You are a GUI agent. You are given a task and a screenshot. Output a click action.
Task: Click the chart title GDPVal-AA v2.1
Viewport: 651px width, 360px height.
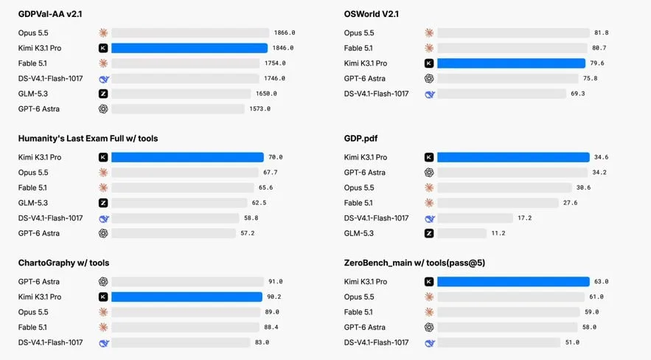[x=50, y=14]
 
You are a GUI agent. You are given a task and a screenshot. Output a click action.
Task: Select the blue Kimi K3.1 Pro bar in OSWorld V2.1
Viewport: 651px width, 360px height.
[x=511, y=63]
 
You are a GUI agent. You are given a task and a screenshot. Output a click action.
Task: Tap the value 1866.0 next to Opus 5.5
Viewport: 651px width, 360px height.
[x=285, y=32]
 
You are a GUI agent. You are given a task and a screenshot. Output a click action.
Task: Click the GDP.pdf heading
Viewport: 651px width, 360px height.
[x=361, y=138]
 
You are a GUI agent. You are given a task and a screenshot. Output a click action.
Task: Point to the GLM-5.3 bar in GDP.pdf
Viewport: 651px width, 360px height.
[x=462, y=233]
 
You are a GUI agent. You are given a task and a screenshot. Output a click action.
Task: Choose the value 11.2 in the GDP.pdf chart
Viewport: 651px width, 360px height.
[x=498, y=233]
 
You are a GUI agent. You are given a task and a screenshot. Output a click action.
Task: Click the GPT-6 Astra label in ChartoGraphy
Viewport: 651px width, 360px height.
[x=38, y=282]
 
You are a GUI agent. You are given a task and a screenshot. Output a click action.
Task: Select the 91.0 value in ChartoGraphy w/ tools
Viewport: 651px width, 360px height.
[x=275, y=282]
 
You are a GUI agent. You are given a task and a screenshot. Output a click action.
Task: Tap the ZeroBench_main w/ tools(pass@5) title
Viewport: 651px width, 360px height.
[x=414, y=263]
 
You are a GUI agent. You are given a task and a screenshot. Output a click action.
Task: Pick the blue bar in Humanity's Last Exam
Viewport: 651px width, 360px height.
[x=187, y=157]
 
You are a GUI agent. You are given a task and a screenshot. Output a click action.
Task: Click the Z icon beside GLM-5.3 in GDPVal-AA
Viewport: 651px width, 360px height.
[x=103, y=94]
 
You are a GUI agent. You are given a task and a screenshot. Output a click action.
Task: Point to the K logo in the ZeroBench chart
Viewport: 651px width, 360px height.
[x=429, y=282]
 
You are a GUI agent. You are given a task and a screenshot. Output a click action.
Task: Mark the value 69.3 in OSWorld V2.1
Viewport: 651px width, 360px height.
[x=577, y=94]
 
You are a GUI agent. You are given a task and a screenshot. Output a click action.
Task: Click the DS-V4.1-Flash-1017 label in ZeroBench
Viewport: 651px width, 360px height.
[x=376, y=342]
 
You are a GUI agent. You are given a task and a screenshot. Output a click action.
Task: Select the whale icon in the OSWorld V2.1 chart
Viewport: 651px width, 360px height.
[x=430, y=94]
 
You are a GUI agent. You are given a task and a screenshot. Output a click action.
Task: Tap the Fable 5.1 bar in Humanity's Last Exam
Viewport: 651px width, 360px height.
[x=183, y=187]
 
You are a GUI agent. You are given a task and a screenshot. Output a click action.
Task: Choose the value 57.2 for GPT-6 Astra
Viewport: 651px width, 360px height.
[x=248, y=233]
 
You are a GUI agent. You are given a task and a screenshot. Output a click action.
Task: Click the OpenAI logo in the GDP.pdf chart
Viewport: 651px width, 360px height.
[x=429, y=173]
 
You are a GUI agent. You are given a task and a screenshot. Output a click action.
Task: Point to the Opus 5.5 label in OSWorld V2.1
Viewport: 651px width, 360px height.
[x=359, y=32]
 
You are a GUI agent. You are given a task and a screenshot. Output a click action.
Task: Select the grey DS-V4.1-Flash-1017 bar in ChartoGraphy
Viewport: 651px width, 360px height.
[x=181, y=342]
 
